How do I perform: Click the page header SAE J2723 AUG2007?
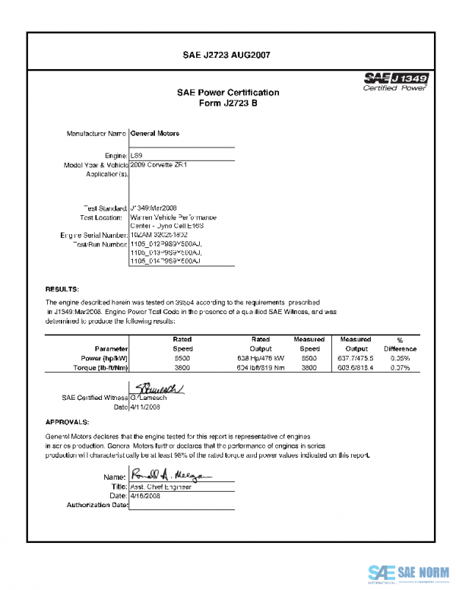(x=227, y=55)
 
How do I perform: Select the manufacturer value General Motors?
(x=155, y=133)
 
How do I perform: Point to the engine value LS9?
(x=137, y=154)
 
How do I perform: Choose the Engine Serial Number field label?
(x=93, y=235)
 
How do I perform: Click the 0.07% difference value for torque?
(x=400, y=367)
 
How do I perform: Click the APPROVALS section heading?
(x=68, y=421)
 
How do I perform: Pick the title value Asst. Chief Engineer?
(x=162, y=487)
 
